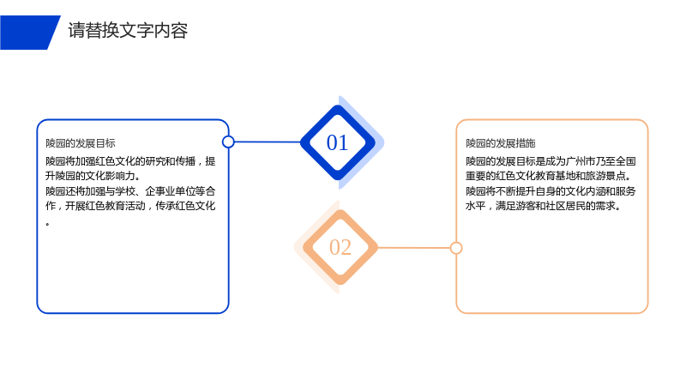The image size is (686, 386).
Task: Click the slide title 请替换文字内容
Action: click(x=128, y=31)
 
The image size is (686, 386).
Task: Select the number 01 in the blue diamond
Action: click(x=337, y=142)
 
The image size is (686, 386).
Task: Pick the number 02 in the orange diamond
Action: click(x=340, y=247)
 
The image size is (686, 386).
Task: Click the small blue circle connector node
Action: click(x=228, y=142)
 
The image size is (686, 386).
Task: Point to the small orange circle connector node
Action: click(x=456, y=248)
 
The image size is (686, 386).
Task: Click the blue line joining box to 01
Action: click(x=268, y=142)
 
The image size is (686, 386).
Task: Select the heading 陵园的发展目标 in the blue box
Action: click(x=81, y=143)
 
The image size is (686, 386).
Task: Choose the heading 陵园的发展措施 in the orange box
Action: click(x=501, y=143)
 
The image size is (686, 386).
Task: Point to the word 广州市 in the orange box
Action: click(x=581, y=161)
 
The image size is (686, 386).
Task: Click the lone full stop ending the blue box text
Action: click(x=48, y=224)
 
